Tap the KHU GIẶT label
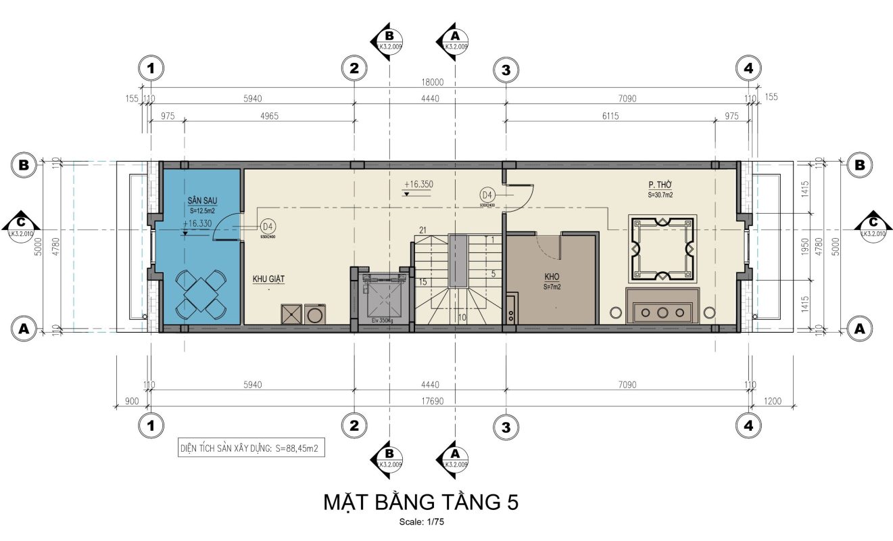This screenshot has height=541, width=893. (x=268, y=279)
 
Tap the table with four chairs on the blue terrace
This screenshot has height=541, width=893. (x=201, y=293)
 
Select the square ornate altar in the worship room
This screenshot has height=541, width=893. (x=661, y=249)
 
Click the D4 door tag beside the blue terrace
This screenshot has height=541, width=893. (x=268, y=226)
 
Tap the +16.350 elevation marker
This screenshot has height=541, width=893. (x=418, y=184)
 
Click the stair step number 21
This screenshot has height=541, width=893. (x=424, y=230)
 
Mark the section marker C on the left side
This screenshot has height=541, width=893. (x=23, y=224)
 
